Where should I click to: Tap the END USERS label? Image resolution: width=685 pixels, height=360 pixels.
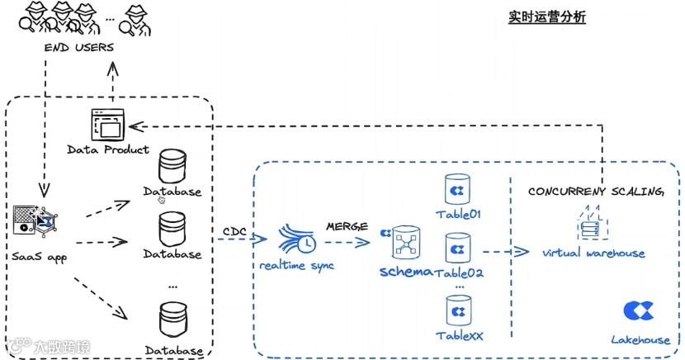[x=79, y=47]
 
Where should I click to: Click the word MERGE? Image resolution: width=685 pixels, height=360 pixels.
[x=347, y=225]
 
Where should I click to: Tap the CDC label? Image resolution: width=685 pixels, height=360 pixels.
[x=234, y=230]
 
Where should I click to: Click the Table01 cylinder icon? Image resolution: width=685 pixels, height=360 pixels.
[x=456, y=191]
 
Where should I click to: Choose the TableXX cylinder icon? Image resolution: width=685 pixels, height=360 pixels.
[x=457, y=311]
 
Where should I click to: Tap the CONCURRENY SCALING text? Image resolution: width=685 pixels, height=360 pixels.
[x=596, y=192]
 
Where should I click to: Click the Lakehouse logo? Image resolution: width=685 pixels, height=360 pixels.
[x=635, y=311]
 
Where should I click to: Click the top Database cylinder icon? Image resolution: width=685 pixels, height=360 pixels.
[x=172, y=166]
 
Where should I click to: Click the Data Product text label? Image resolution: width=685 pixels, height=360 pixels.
[x=108, y=149]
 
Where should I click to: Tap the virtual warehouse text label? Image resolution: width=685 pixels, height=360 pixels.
[x=593, y=253]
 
